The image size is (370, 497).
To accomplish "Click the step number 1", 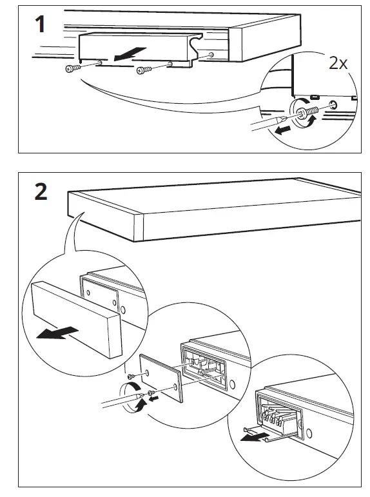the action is [39, 24].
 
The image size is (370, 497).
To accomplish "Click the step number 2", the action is [41, 191].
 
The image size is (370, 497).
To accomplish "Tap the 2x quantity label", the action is [338, 63].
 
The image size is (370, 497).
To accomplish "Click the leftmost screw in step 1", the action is [73, 68].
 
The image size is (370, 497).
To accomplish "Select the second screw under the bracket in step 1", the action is [144, 70].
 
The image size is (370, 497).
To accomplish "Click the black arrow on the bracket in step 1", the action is [130, 54].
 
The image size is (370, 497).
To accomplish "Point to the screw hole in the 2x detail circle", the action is [333, 104].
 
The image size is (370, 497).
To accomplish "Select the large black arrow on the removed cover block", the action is [57, 333].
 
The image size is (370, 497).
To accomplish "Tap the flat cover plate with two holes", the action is [161, 378].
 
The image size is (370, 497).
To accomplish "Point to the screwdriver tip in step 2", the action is [141, 395].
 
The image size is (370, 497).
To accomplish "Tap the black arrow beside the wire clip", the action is [253, 438].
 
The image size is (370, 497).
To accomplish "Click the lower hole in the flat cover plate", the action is [175, 387].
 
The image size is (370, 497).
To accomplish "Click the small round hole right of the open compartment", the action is [233, 384].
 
